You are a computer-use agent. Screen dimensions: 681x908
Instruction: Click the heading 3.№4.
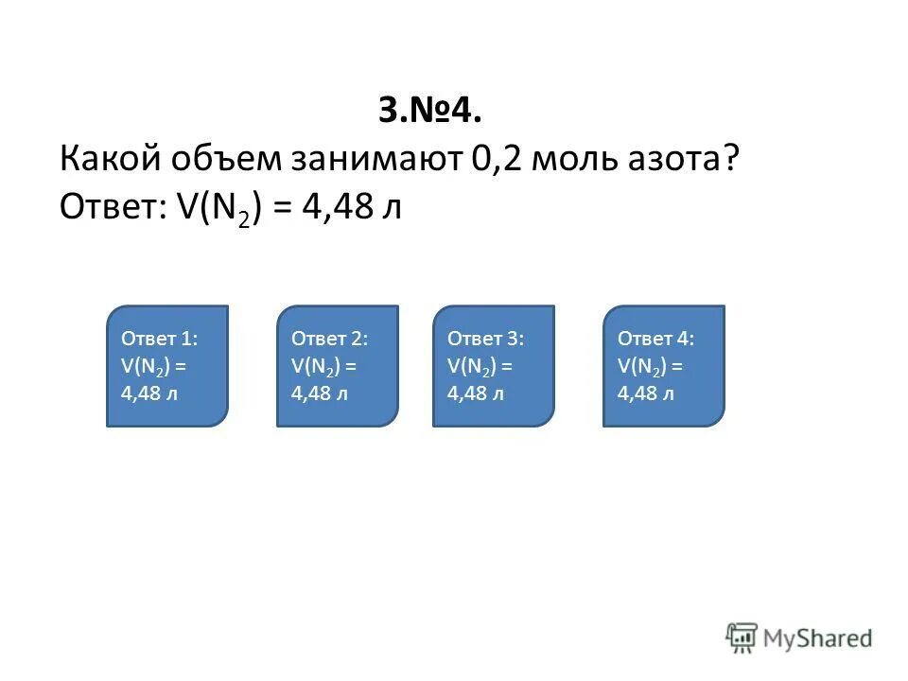(430, 111)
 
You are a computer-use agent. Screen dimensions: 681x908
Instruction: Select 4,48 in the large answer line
(335, 206)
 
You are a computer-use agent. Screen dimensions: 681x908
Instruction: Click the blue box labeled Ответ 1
(167, 365)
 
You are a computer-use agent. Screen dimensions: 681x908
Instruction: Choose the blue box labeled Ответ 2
(338, 365)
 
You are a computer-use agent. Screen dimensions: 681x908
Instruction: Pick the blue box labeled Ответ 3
(494, 365)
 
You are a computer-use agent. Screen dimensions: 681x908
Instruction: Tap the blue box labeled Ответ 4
(664, 365)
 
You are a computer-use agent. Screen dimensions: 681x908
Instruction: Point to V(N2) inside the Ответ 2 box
(316, 366)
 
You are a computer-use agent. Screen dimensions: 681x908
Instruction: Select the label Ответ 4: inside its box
(655, 339)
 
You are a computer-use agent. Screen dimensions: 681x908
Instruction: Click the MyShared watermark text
(819, 639)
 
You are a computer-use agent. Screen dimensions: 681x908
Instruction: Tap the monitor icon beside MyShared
(742, 638)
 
